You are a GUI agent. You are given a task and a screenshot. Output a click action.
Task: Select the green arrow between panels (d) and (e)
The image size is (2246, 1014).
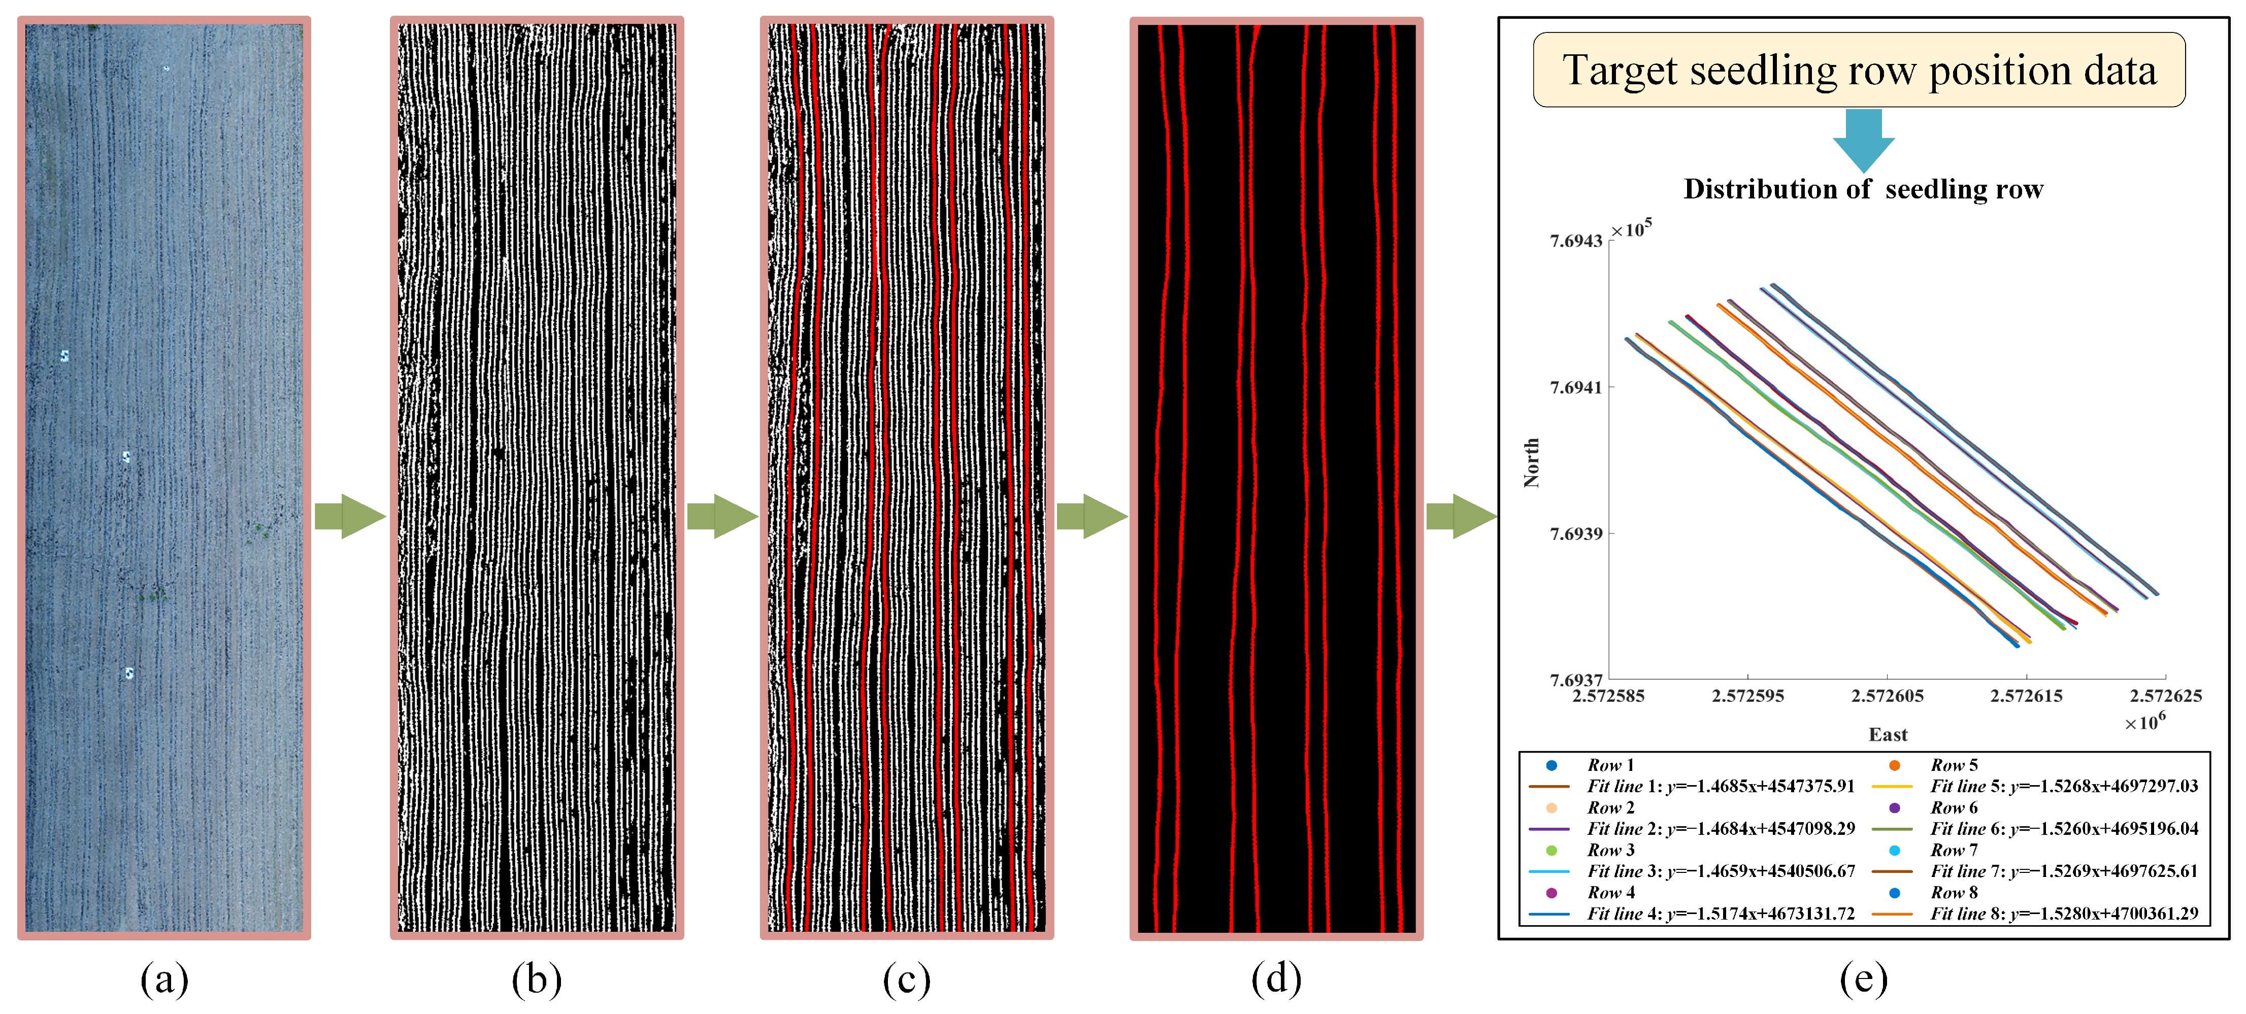pos(1461,516)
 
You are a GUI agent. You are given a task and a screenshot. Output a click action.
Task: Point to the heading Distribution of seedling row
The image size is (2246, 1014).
pos(1863,189)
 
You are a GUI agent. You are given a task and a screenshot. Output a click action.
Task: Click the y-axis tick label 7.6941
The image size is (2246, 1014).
pos(1575,387)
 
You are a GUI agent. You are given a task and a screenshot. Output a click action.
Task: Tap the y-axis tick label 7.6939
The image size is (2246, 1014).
pos(1575,533)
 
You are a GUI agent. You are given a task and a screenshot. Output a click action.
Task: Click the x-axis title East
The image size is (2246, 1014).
pos(1888,735)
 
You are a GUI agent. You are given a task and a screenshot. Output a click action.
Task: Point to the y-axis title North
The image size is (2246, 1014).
pos(1531,462)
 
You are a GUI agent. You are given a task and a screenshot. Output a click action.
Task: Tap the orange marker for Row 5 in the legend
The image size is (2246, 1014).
pos(1895,765)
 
